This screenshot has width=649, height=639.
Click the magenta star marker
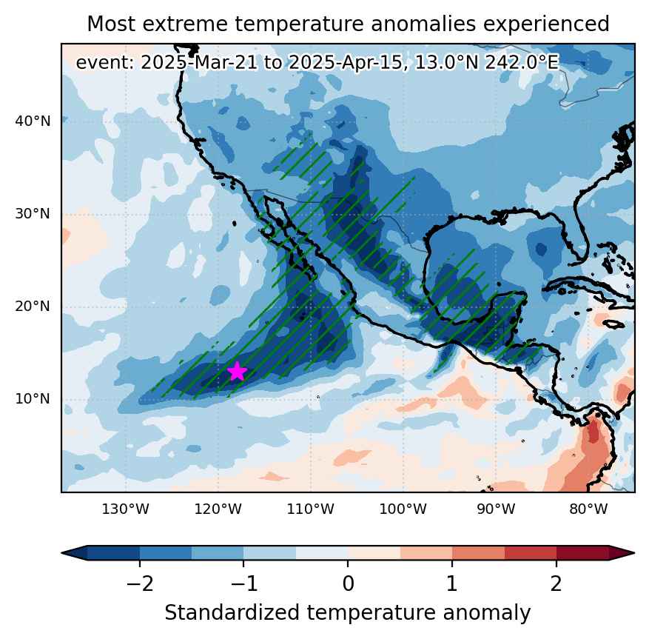coord(237,371)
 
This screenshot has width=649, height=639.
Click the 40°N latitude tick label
coord(33,121)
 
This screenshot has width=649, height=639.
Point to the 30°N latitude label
coord(33,214)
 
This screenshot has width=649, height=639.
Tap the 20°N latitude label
coord(33,307)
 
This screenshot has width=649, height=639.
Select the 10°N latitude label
coord(33,399)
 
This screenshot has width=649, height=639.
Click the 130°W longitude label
coord(125,509)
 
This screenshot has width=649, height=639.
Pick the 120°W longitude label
coord(218,509)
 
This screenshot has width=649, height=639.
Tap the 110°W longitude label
coord(310,509)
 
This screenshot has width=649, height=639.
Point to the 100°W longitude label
coord(403,509)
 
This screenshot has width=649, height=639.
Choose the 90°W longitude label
coord(496,509)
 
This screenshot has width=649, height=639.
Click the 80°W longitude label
coord(588,509)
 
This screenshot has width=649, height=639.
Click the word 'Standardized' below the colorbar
coord(232,613)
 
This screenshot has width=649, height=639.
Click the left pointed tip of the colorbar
coord(61,553)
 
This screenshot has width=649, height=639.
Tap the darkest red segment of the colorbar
coord(582,553)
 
